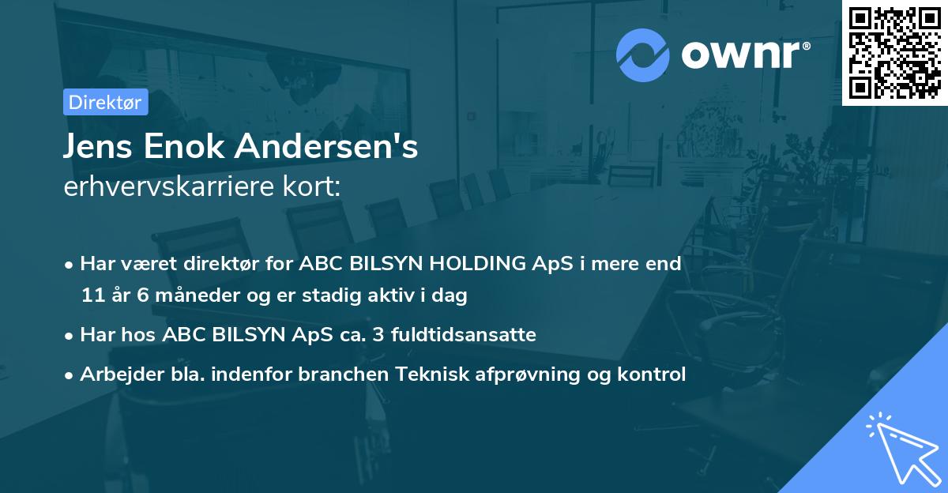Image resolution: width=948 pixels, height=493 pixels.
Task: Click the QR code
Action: (895, 53)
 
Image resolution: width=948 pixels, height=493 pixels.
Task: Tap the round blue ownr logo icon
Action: (643, 55)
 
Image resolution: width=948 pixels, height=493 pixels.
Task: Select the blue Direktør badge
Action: (105, 102)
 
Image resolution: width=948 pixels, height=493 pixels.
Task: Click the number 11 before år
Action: (92, 295)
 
